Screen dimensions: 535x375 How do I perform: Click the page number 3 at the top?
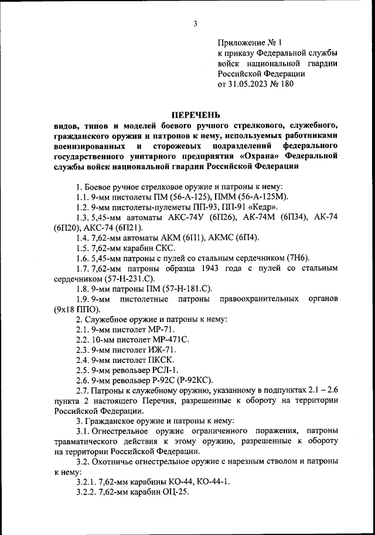[x=195, y=23]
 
